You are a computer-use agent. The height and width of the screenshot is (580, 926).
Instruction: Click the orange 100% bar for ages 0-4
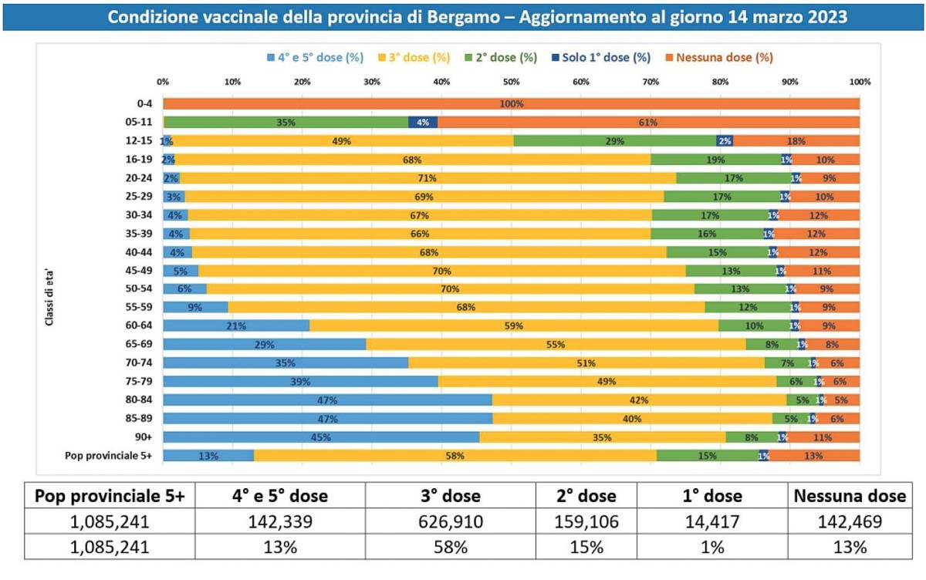pyautogui.click(x=511, y=104)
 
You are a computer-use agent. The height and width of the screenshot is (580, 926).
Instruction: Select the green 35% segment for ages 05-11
pyautogui.click(x=286, y=122)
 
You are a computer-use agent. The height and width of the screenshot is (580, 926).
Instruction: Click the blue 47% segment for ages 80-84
pyautogui.click(x=327, y=400)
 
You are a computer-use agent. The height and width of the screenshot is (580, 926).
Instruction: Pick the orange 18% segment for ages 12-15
pyautogui.click(x=796, y=141)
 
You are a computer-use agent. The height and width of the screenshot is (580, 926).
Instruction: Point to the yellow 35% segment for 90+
pyautogui.click(x=602, y=437)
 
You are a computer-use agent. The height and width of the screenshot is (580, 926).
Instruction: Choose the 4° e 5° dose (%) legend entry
pyautogui.click(x=317, y=57)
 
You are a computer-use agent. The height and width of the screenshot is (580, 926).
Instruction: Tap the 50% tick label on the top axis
pyautogui.click(x=511, y=82)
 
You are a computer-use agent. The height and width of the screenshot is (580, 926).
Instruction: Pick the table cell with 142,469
pyautogui.click(x=849, y=522)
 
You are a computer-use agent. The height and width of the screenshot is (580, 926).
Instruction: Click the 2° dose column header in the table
pyautogui.click(x=586, y=496)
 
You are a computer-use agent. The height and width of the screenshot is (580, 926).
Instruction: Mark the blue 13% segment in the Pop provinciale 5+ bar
pyautogui.click(x=208, y=456)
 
